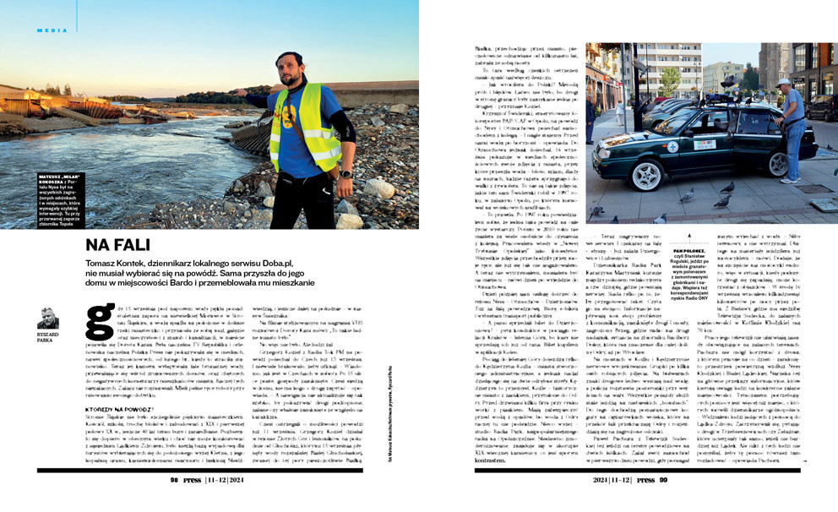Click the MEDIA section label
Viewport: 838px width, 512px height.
coord(48,30)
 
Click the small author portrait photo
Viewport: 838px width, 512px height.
coord(48,318)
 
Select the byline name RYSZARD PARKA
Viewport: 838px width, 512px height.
coord(48,336)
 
